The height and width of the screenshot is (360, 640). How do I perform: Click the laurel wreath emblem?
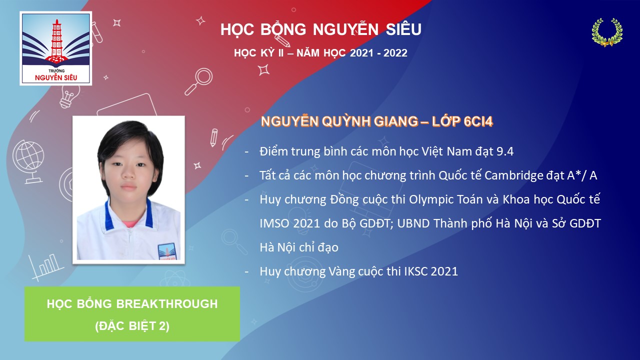(x=607, y=32)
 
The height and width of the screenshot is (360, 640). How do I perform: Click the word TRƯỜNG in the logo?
(x=56, y=70)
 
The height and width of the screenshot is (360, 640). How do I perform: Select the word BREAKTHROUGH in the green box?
(x=167, y=303)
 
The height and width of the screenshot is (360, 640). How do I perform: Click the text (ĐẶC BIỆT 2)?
(x=132, y=325)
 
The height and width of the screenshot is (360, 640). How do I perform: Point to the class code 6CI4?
(x=478, y=121)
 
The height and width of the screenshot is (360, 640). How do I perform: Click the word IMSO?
(x=274, y=223)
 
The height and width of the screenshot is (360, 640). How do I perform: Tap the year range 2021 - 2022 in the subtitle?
(x=378, y=53)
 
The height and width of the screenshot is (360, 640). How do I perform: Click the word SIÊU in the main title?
(x=403, y=29)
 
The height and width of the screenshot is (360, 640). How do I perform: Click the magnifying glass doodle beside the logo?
(x=198, y=81)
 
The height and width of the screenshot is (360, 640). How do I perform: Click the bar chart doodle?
(x=45, y=267)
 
